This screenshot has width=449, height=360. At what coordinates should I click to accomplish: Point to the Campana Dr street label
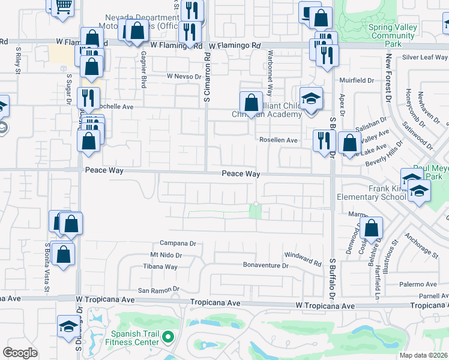(178, 244)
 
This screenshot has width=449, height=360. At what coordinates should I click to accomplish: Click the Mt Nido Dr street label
(166, 255)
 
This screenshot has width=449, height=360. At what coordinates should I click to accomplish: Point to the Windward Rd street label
(303, 259)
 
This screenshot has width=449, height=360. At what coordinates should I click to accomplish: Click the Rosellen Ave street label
(279, 140)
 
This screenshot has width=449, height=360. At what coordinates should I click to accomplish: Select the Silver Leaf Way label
(425, 57)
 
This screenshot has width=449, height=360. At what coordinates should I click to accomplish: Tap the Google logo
(20, 353)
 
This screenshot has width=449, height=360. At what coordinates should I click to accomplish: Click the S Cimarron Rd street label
(206, 79)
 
